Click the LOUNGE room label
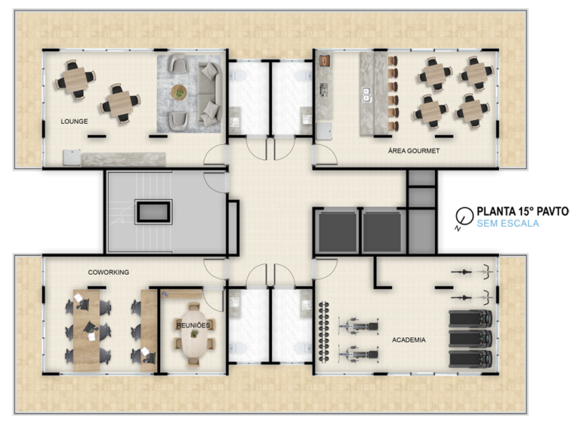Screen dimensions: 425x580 pos(74,121)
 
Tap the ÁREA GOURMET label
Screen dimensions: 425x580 pos(413,151)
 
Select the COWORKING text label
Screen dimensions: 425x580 pos(108,272)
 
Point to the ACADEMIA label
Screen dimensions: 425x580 pos(408,340)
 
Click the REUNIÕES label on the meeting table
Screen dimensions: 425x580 pos(193,324)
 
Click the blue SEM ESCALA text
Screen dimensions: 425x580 pos(507,223)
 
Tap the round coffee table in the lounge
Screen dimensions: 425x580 pos(179,92)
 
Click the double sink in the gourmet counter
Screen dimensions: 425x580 pos(367,94)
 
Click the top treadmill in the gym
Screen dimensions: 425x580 pos(470,319)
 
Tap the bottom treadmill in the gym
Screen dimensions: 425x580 pos(470,358)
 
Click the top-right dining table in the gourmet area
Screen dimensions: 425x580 pos(476,73)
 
